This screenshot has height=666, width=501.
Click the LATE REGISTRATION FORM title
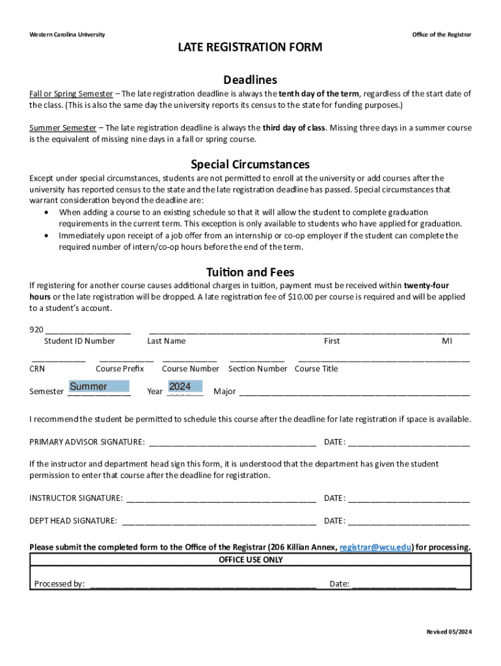(x=251, y=47)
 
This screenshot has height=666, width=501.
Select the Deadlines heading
(x=251, y=80)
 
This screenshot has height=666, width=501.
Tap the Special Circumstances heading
(x=251, y=164)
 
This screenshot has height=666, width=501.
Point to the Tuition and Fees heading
(x=251, y=272)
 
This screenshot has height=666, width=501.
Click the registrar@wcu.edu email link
(x=375, y=547)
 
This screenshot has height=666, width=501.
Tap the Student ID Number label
(x=79, y=341)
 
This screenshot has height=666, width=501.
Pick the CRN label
(x=37, y=369)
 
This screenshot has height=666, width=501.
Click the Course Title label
(x=316, y=369)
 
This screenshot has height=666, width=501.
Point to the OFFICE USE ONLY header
(x=251, y=560)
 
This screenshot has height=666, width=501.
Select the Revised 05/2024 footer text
(x=448, y=632)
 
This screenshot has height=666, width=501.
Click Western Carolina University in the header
(x=67, y=34)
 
